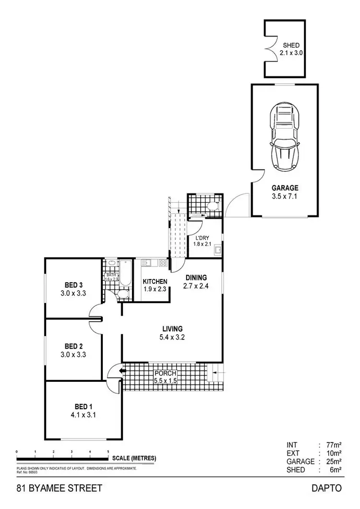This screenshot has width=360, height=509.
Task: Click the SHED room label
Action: pos(291,45)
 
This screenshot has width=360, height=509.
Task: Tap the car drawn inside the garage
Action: pos(285,135)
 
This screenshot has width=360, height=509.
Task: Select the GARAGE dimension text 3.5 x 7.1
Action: pos(285,196)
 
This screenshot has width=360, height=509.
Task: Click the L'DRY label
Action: pos(201,238)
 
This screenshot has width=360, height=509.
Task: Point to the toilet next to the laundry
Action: pos(213,206)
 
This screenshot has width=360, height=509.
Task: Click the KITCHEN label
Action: pos(155,281)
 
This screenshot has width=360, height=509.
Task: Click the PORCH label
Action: pos(165,373)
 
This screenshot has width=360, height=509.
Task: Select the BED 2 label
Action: pos(74,346)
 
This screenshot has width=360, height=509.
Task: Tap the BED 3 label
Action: pos(74,284)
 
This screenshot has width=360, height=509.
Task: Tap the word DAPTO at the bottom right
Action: pos(326,488)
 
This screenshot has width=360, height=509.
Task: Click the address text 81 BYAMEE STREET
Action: pos(59,488)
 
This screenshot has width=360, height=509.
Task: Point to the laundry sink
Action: pos(218,249)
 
